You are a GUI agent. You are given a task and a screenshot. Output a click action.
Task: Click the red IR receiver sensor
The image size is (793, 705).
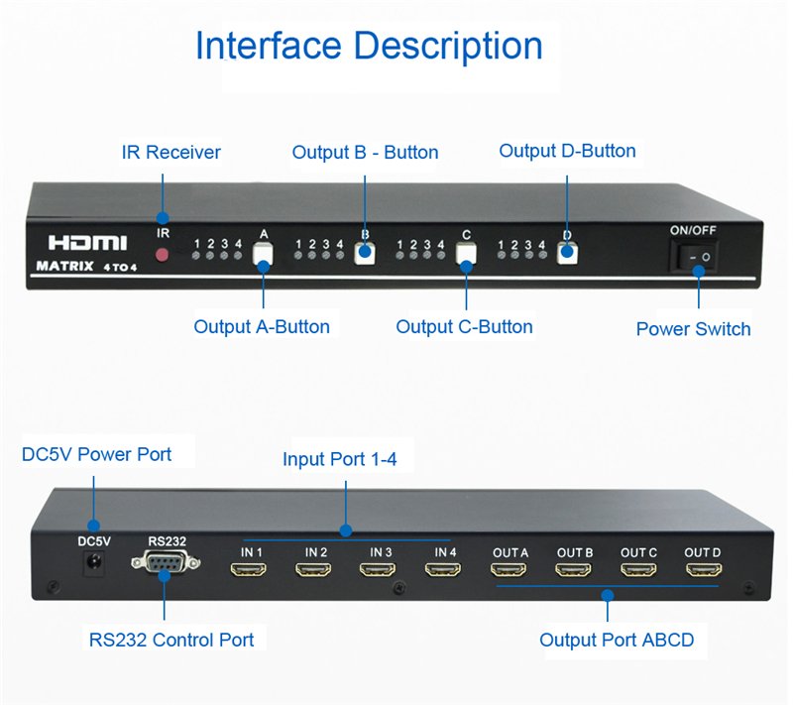(x=164, y=255)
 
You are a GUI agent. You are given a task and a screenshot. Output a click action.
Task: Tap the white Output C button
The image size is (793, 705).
(x=466, y=254)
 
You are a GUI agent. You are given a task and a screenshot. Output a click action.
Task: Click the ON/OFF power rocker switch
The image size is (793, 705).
(x=695, y=257)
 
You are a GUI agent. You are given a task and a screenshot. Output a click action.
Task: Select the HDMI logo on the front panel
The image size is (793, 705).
(x=88, y=242)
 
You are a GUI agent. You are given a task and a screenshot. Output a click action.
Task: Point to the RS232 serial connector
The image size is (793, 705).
(x=166, y=565)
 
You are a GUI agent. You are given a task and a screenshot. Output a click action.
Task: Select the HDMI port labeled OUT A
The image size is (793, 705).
(x=509, y=570)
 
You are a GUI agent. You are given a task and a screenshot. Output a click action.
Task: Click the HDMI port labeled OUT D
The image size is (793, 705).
(x=703, y=570)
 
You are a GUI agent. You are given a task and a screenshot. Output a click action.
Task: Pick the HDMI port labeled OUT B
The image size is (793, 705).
(x=574, y=570)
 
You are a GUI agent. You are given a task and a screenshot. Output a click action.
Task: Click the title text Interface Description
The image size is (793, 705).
(x=369, y=47)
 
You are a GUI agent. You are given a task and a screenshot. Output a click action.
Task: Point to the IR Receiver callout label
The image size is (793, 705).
(x=170, y=153)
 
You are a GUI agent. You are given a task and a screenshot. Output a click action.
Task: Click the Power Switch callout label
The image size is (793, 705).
(x=693, y=329)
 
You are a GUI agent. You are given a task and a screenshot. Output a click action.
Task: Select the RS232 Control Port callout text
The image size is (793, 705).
(x=170, y=640)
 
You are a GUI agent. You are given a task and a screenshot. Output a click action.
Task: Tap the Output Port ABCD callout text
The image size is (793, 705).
(x=617, y=640)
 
